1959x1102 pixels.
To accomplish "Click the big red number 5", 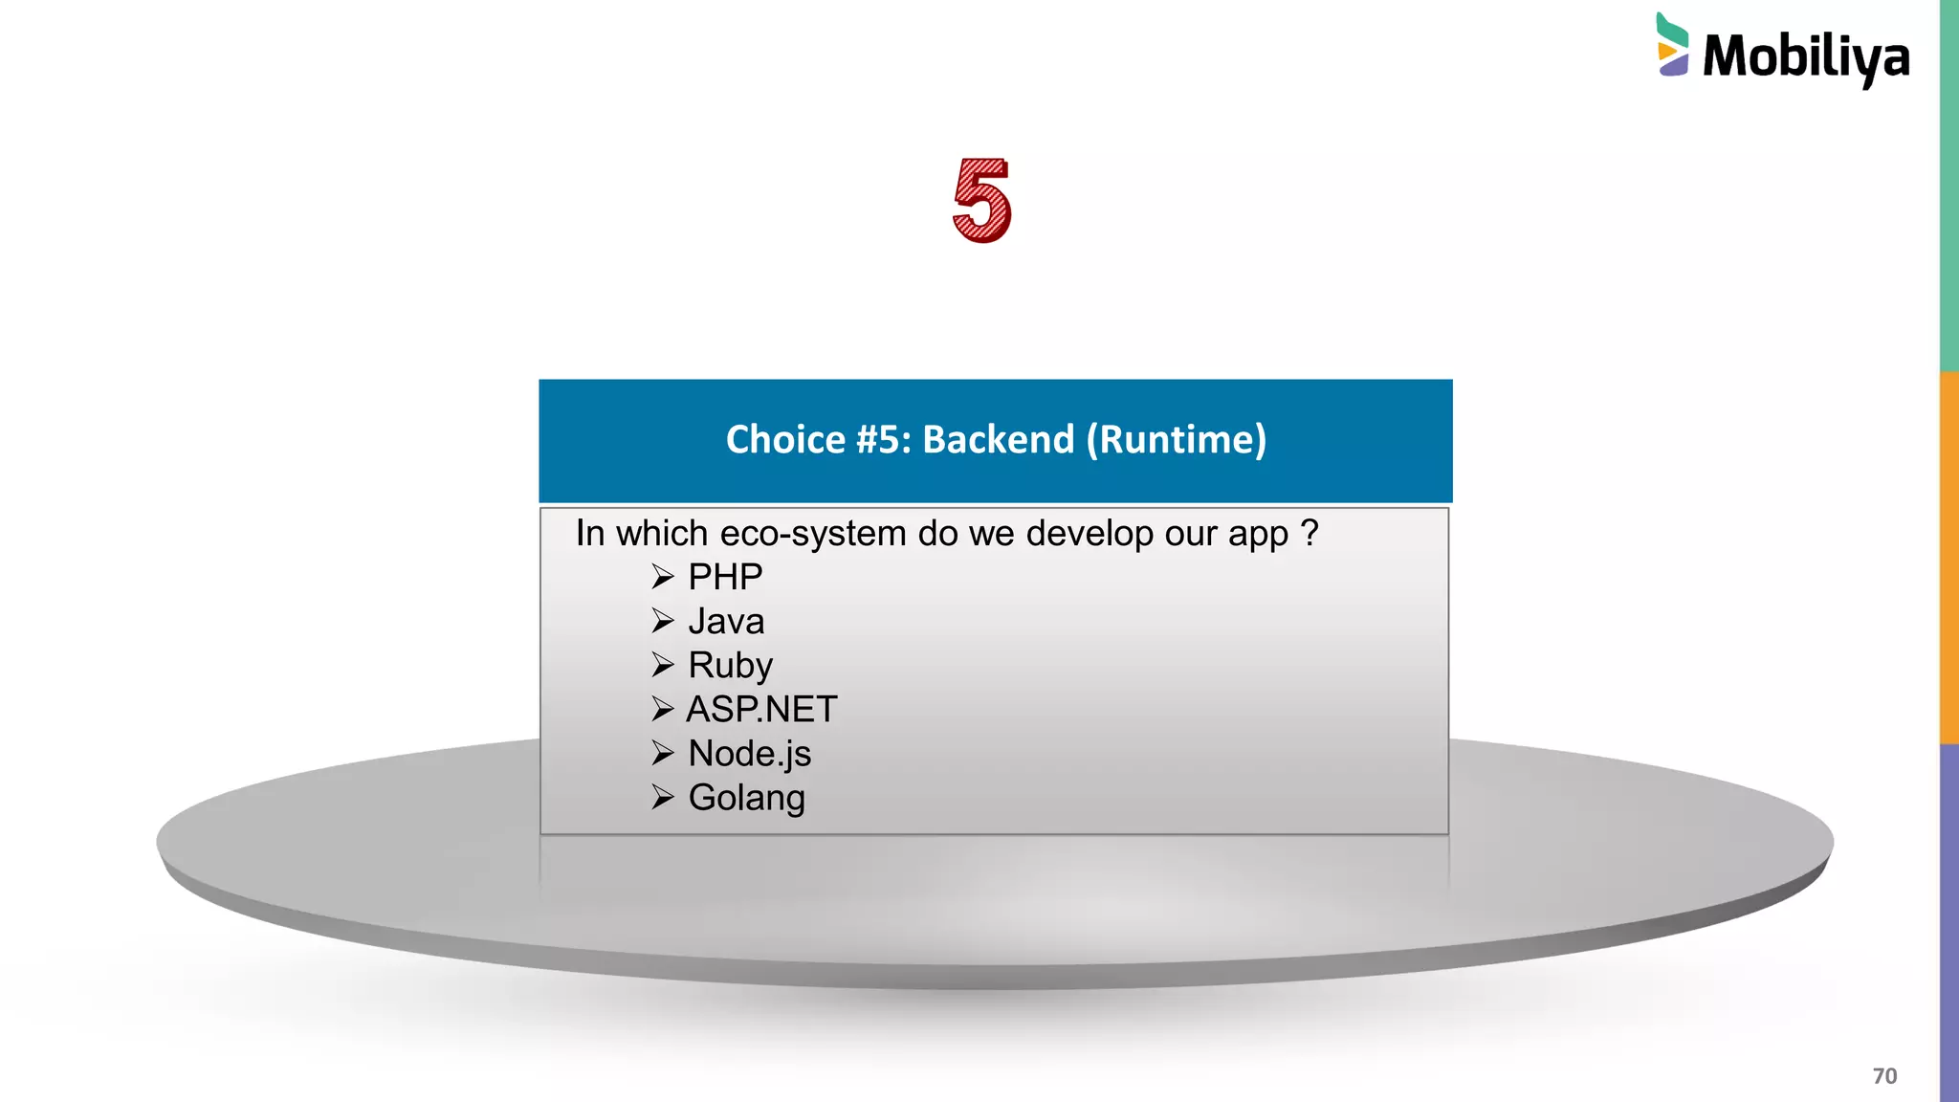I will pos(982,200).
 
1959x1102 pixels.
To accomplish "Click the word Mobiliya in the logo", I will pos(1806,57).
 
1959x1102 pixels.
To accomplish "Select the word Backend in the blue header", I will pos(998,439).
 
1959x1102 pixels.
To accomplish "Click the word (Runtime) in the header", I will pos(1176,439).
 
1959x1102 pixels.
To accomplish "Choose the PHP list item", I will pos(725,577).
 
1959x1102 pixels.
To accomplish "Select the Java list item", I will pos(726,622).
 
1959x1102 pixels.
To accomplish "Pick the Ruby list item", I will pos(730,666).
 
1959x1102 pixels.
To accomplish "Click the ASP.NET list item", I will pos(761,710).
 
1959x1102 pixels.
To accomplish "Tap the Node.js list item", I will pos(749,754).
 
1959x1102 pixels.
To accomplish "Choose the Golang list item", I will pos(746,798).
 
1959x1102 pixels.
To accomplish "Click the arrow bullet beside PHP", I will pos(662,577).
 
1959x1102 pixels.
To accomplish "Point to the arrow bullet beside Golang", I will pos(662,797).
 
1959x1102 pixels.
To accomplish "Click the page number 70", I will pos(1884,1076).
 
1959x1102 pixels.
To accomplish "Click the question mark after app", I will pos(1310,533).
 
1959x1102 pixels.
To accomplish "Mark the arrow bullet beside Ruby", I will pos(662,665).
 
